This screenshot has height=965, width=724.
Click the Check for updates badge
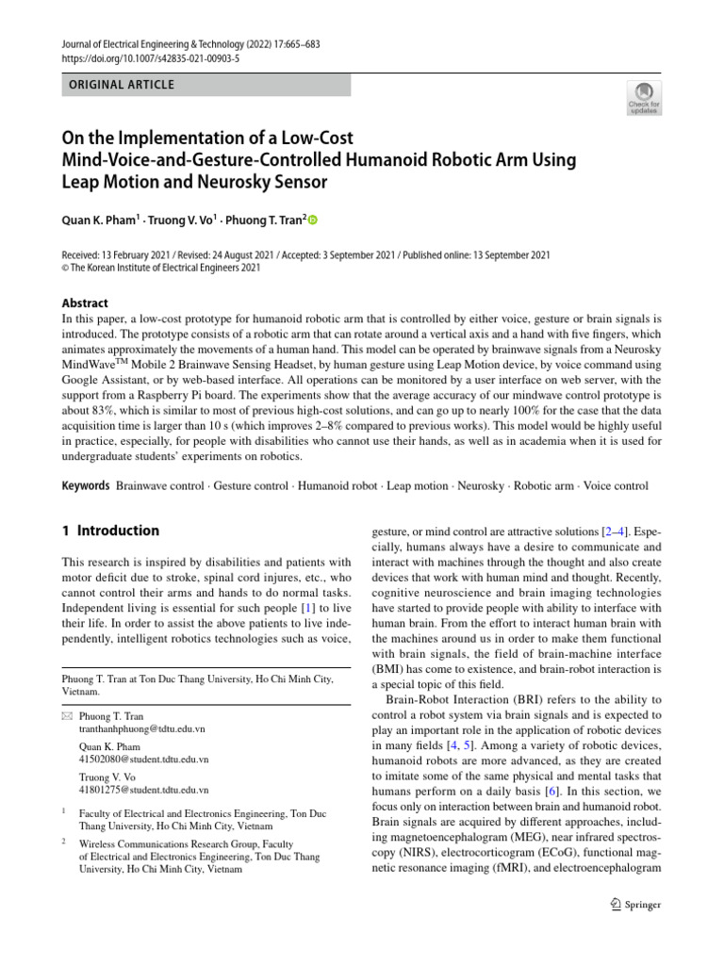click(x=645, y=97)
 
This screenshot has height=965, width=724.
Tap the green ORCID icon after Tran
click(x=313, y=221)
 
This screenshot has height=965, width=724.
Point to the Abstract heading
click(x=85, y=303)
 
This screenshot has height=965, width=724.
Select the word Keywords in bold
click(x=86, y=486)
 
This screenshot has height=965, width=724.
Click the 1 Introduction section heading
click(x=110, y=531)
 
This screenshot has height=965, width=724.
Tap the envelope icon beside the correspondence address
click(x=65, y=717)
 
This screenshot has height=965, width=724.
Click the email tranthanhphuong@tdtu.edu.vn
click(x=142, y=729)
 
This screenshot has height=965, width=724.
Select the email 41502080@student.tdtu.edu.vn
click(x=144, y=759)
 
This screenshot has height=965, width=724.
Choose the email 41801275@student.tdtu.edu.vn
click(x=144, y=789)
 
